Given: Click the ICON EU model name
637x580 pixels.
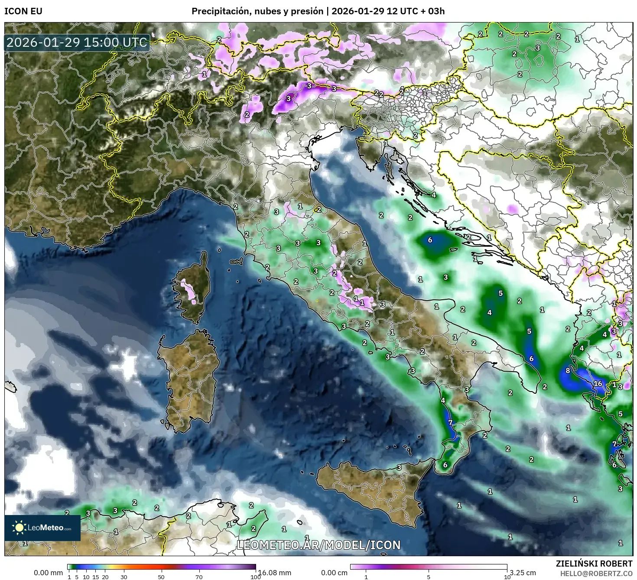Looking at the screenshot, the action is [x=23, y=11].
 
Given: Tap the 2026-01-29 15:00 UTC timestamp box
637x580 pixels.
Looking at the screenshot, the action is [x=77, y=43].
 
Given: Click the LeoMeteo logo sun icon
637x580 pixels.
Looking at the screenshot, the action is [x=19, y=527].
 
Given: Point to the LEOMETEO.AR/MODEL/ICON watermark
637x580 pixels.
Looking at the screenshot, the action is [x=318, y=545].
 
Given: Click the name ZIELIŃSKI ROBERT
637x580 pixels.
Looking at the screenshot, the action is [x=594, y=564].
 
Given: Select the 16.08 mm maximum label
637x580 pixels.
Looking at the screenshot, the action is [x=274, y=573].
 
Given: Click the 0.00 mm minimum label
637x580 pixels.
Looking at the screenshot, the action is [x=48, y=573].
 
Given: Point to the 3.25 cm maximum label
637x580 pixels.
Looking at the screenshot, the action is [x=523, y=573].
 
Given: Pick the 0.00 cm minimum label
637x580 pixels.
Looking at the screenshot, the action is [x=334, y=573].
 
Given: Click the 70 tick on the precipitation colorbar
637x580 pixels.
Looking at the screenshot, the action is [x=199, y=577].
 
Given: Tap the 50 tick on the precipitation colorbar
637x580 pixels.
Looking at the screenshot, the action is [x=161, y=577].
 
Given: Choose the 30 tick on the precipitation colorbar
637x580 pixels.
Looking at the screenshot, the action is [x=124, y=577].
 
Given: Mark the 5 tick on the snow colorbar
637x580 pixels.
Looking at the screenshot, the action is [x=429, y=577].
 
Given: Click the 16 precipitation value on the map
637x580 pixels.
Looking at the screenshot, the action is [x=598, y=384].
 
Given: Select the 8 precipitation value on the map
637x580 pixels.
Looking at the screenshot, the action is [x=568, y=371].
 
